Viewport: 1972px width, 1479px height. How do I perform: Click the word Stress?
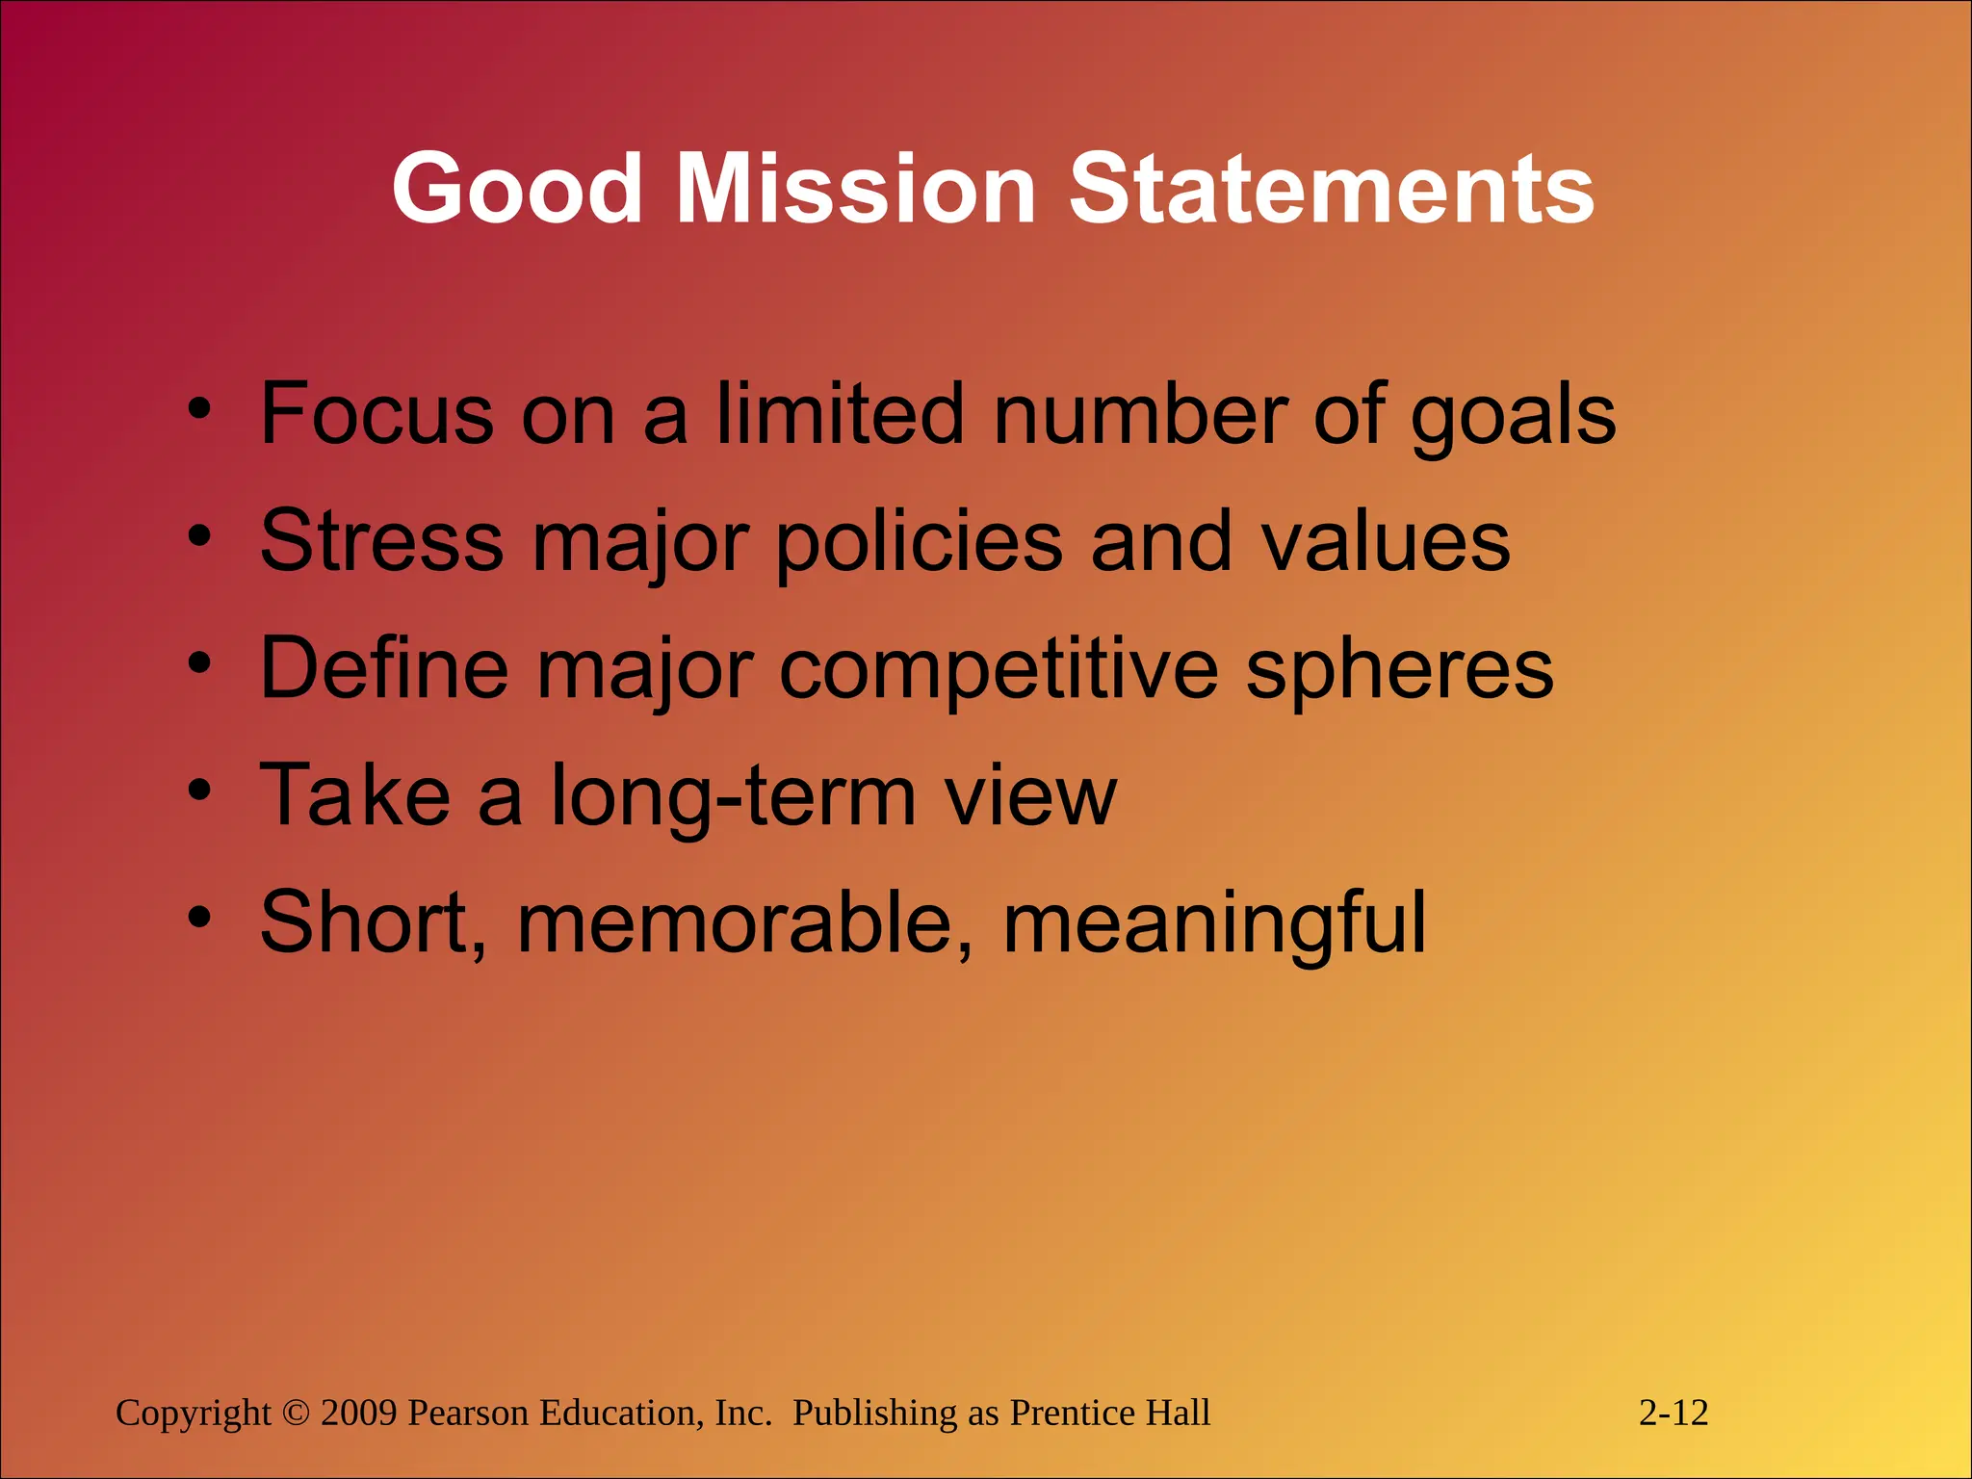382,541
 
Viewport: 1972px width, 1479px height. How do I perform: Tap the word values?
1386,541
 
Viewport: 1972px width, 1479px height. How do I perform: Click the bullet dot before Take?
199,791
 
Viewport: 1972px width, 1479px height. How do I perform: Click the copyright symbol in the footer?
296,1414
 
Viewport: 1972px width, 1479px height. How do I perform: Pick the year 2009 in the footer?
359,1414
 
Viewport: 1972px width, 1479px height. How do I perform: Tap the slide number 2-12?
1674,1414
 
